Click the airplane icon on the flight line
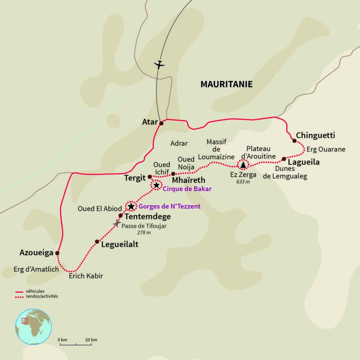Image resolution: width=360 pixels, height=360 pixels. tap(159, 65)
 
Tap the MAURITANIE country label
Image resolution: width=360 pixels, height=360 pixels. tap(226, 84)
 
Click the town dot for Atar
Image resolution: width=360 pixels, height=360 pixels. tap(161, 123)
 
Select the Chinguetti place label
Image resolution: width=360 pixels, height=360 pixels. tap(316, 135)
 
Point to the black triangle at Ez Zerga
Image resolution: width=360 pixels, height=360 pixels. tap(243, 164)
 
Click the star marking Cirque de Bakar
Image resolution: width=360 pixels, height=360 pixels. tap(156, 185)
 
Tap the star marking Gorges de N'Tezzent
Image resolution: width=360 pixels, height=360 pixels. tap(131, 206)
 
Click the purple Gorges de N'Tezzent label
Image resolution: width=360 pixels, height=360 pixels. tap(169, 207)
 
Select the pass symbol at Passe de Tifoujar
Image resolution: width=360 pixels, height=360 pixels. tap(117, 223)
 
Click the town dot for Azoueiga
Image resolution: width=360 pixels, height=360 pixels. tap(57, 253)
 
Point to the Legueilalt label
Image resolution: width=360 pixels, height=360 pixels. tap(120, 244)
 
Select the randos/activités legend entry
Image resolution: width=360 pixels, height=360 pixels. tap(37, 296)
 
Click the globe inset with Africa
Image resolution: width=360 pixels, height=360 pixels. tap(33, 327)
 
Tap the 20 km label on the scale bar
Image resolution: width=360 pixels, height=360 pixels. tap(91, 340)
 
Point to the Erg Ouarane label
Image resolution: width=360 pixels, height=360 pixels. tap(326, 149)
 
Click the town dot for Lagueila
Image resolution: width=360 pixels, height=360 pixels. tap(284, 159)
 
